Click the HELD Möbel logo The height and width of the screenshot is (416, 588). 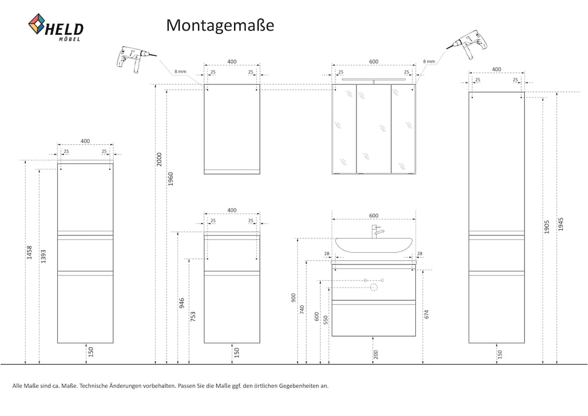tap(56, 27)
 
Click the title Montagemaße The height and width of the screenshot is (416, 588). tap(220, 26)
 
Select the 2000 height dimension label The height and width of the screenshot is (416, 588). tap(160, 160)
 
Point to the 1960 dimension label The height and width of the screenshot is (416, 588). tap(170, 179)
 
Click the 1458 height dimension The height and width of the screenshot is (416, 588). tap(29, 253)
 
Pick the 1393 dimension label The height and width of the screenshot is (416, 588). tap(43, 256)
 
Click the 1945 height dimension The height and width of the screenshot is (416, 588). tap(561, 224)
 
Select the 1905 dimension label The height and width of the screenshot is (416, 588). tap(547, 227)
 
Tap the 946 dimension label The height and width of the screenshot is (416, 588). tap(182, 303)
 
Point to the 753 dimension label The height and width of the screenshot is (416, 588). tap(193, 316)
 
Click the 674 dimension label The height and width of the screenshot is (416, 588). tap(426, 314)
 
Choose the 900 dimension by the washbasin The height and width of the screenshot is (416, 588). tap(293, 298)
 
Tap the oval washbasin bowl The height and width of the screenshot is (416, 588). tap(373, 245)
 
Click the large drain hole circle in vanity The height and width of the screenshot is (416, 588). tap(373, 287)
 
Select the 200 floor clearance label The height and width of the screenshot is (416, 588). tap(376, 354)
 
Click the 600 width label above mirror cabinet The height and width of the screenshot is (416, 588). tap(374, 62)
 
